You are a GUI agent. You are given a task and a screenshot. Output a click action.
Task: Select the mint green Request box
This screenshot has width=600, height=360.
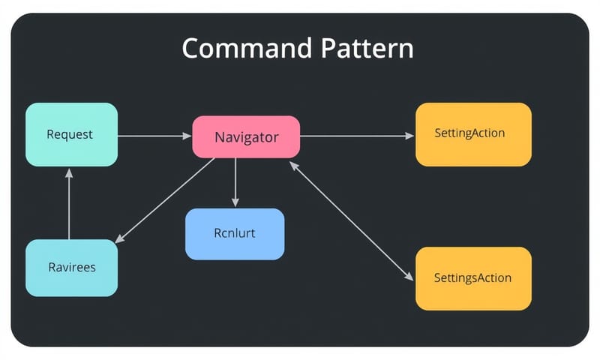tap(71, 134)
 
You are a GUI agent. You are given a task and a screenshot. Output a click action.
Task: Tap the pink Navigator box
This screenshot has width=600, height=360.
tap(246, 137)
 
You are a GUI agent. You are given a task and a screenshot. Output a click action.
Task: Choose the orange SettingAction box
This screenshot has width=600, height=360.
tap(473, 134)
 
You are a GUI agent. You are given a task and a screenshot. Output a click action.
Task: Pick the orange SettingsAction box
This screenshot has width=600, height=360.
tap(473, 278)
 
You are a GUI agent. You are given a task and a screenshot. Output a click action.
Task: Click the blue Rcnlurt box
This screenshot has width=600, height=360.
tap(235, 233)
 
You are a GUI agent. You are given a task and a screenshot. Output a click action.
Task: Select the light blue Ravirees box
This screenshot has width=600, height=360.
tap(71, 268)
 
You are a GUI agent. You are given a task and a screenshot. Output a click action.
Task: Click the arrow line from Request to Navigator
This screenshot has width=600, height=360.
tap(154, 136)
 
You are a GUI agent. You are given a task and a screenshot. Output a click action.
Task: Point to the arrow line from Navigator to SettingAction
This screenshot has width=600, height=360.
tap(356, 136)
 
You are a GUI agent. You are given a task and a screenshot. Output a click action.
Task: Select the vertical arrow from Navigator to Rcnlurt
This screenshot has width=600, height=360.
tap(235, 180)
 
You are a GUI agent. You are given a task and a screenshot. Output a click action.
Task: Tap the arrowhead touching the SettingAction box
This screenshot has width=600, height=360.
tap(409, 136)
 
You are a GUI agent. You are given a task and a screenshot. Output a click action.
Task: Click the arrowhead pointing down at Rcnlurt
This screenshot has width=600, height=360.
tap(235, 202)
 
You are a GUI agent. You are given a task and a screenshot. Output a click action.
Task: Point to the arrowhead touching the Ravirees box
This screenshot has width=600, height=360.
tap(120, 239)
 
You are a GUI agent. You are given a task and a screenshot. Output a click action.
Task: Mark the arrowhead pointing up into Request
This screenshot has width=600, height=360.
tap(69, 172)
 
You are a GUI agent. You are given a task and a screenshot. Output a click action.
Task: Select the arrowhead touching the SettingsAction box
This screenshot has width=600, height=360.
tap(409, 277)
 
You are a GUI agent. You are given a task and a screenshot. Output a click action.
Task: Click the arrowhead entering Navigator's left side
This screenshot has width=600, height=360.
tap(187, 136)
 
